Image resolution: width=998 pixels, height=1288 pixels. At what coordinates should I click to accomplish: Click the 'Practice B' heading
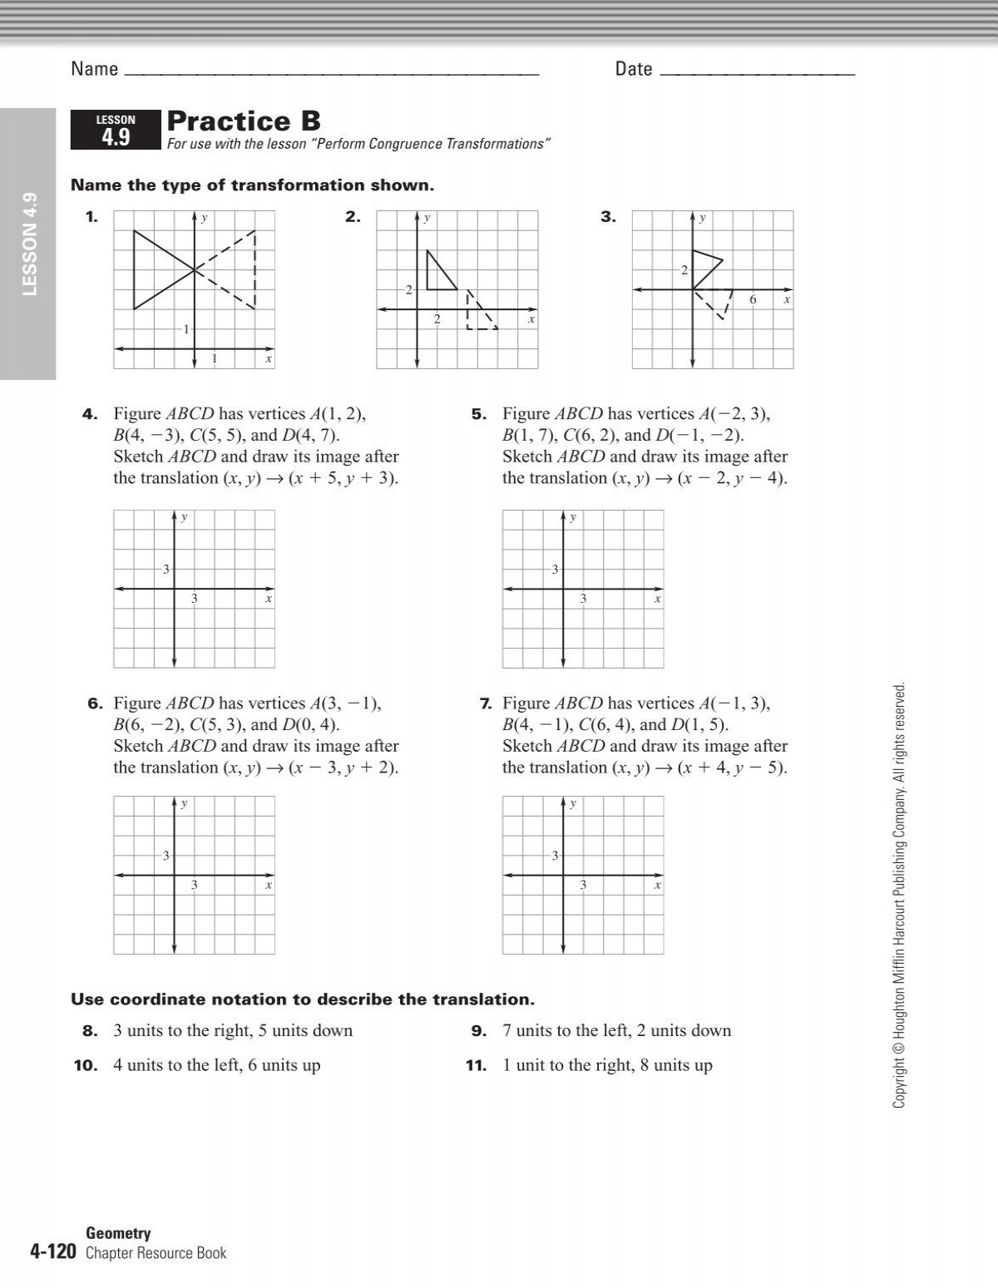pyautogui.click(x=244, y=121)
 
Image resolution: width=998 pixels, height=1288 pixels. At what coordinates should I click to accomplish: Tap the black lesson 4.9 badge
pyautogui.click(x=116, y=131)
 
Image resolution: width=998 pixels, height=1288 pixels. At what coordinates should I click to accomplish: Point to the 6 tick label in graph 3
pyautogui.click(x=753, y=299)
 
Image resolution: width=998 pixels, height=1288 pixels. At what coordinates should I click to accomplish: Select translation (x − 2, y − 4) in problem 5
pyautogui.click(x=732, y=478)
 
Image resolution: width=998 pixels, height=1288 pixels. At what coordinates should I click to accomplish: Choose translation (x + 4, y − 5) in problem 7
pyautogui.click(x=732, y=767)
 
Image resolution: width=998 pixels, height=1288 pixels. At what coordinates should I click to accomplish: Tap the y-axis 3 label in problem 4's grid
pyautogui.click(x=166, y=570)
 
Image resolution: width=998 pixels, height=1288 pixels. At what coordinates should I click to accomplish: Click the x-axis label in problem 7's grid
pyautogui.click(x=657, y=886)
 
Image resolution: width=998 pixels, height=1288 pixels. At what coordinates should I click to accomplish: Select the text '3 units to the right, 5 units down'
pyautogui.click(x=233, y=1031)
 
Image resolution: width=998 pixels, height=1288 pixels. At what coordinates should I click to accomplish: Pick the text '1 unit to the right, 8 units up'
pyautogui.click(x=607, y=1066)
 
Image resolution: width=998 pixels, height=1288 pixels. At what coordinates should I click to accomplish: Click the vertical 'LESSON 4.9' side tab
pyautogui.click(x=30, y=244)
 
